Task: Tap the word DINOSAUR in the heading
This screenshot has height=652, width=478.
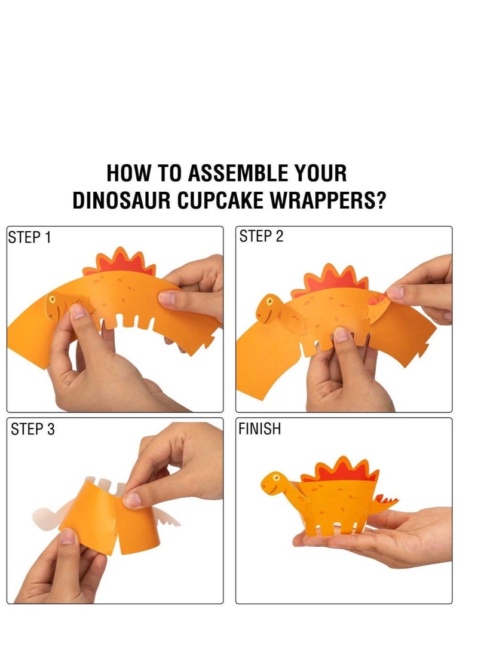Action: (x=122, y=201)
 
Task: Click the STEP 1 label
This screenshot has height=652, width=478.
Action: (x=30, y=237)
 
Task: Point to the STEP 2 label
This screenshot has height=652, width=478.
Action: (x=261, y=237)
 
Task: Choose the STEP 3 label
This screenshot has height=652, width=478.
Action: (x=33, y=429)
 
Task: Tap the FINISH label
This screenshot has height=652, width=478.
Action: (x=259, y=429)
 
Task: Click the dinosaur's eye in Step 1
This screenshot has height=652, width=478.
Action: (x=53, y=299)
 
